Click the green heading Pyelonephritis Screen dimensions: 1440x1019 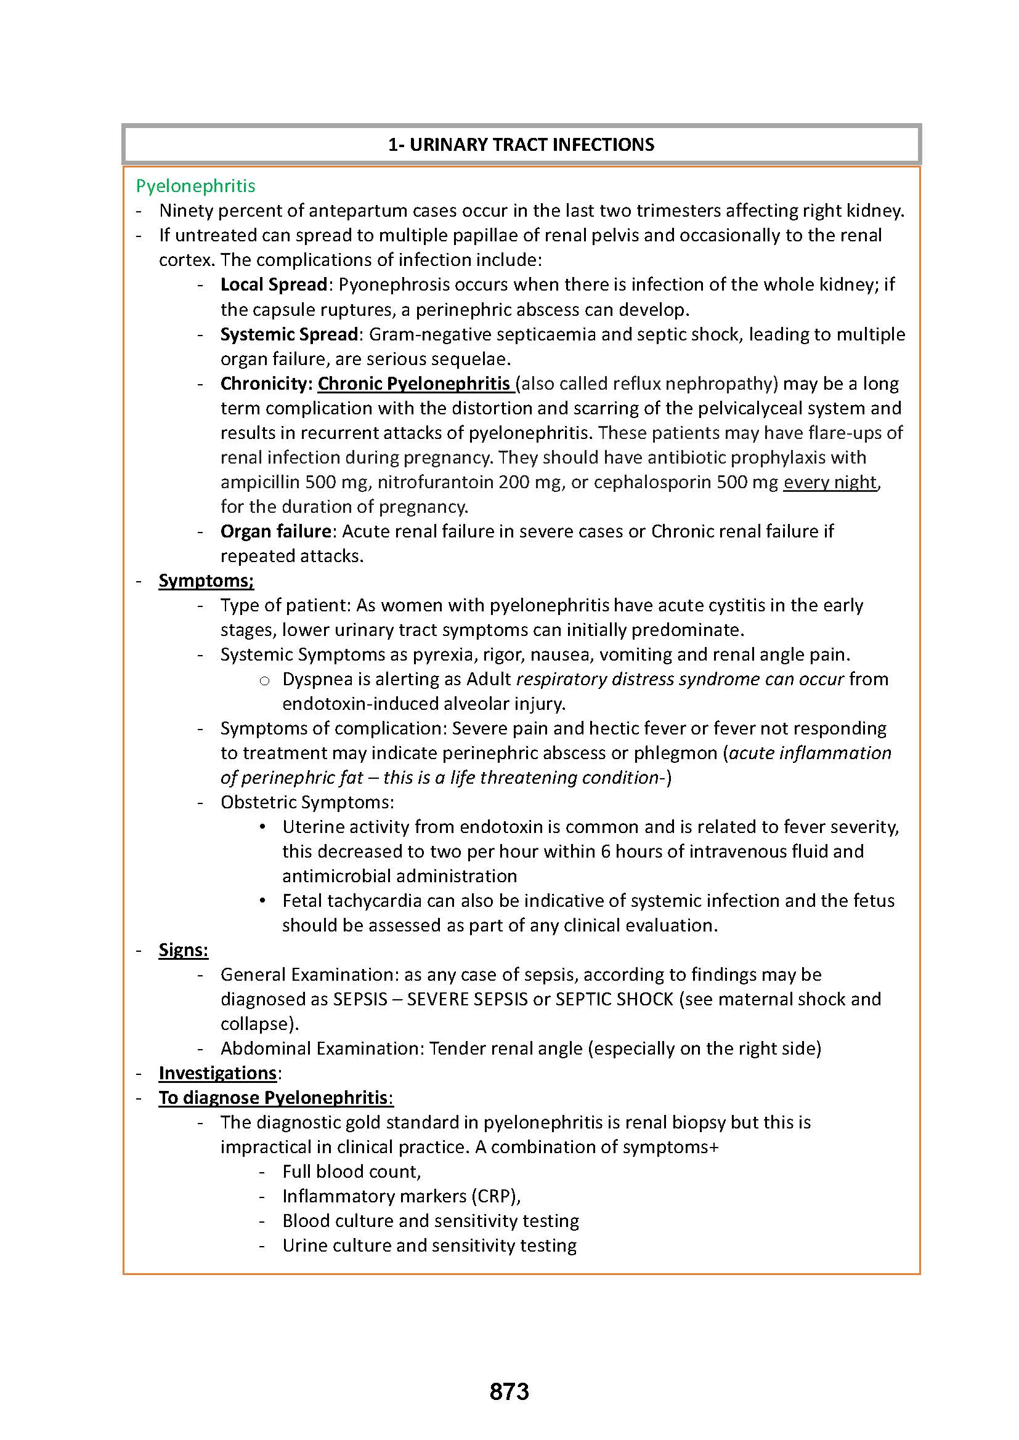[196, 186]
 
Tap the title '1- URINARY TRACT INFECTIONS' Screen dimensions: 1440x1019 [521, 145]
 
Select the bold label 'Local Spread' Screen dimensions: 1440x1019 [274, 285]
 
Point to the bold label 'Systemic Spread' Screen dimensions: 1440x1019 [290, 334]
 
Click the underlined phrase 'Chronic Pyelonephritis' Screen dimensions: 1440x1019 [414, 383]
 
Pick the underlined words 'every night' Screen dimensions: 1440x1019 [829, 481]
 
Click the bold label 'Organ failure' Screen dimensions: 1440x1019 [275, 531]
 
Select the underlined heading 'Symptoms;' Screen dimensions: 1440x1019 [206, 581]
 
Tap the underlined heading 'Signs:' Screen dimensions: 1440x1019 [183, 950]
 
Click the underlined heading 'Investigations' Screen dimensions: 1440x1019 [217, 1073]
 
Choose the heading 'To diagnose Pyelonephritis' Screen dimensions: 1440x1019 [273, 1098]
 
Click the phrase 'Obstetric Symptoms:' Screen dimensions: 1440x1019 [307, 802]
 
